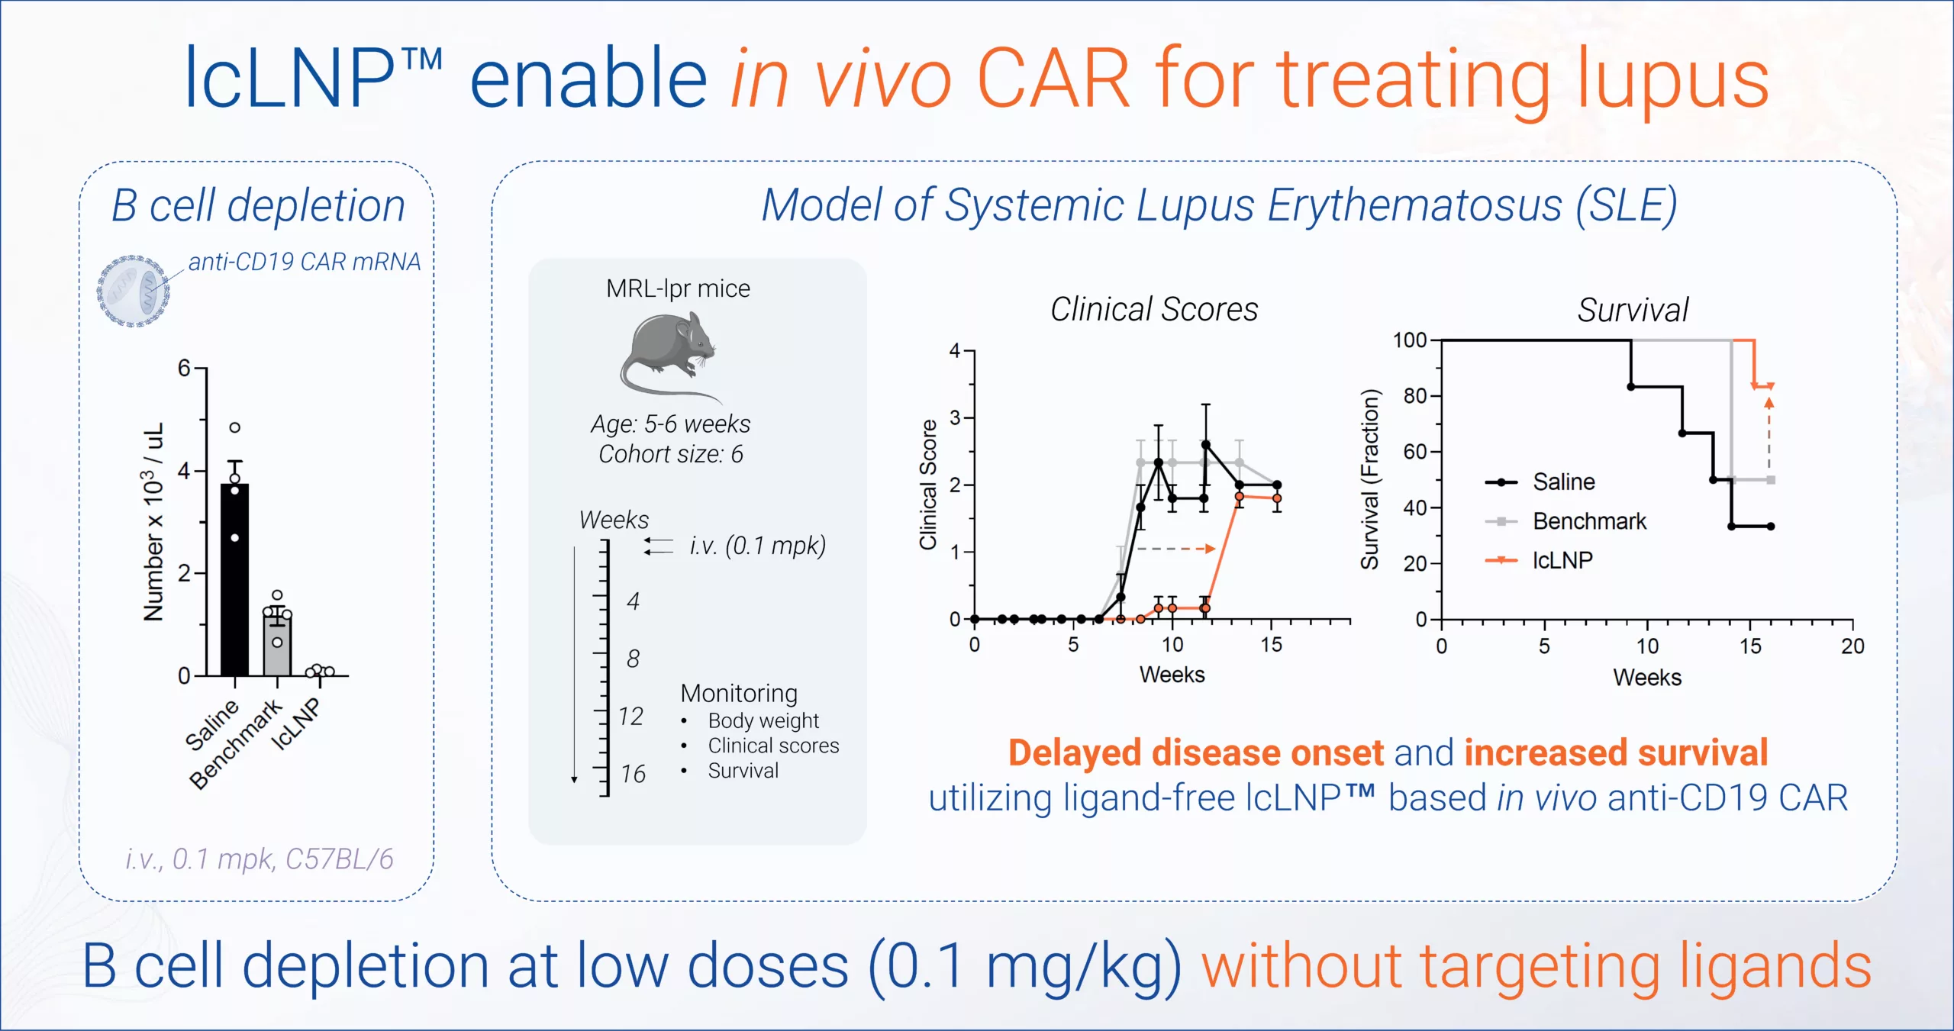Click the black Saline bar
tap(234, 580)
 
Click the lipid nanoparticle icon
tap(133, 292)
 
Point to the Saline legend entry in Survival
tap(1563, 482)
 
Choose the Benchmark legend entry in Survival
tap(1589, 521)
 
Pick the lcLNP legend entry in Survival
tap(1562, 561)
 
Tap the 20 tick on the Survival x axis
tap(1852, 646)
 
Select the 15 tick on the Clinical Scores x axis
tap(1271, 645)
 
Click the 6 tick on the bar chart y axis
tap(184, 369)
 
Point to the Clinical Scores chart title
tap(1154, 310)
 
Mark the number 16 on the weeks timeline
tap(633, 774)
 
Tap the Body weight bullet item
tap(763, 720)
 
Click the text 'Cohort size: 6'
tap(670, 454)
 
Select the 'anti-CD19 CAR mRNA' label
tap(305, 262)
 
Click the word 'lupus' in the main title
tap(1672, 79)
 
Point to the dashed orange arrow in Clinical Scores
tap(1175, 549)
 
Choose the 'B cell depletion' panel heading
tap(258, 206)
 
